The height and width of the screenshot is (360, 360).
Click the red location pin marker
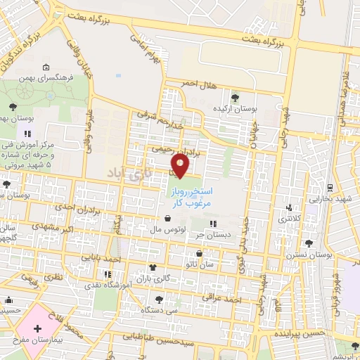click(181, 166)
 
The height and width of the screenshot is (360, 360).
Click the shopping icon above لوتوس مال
click(166, 218)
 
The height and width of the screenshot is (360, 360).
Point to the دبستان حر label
click(212, 236)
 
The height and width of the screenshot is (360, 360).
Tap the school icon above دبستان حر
click(213, 224)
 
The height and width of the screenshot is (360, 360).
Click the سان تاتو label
click(200, 264)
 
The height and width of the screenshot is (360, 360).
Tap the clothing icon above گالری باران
click(153, 267)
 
